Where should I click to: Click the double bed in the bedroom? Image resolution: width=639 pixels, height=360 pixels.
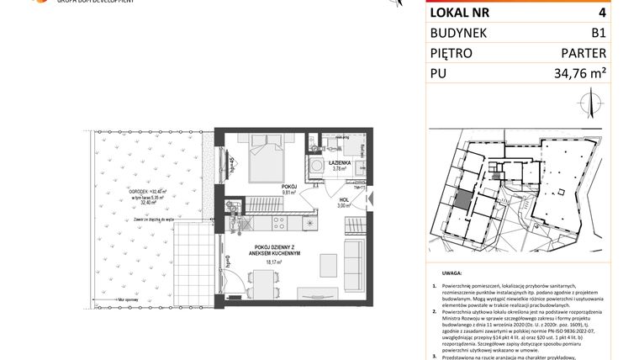(264, 158)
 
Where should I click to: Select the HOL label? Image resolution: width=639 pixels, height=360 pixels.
(343, 200)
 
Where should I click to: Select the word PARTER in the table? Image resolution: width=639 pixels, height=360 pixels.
(584, 53)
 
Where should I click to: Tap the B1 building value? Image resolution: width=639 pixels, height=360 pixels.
(598, 33)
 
